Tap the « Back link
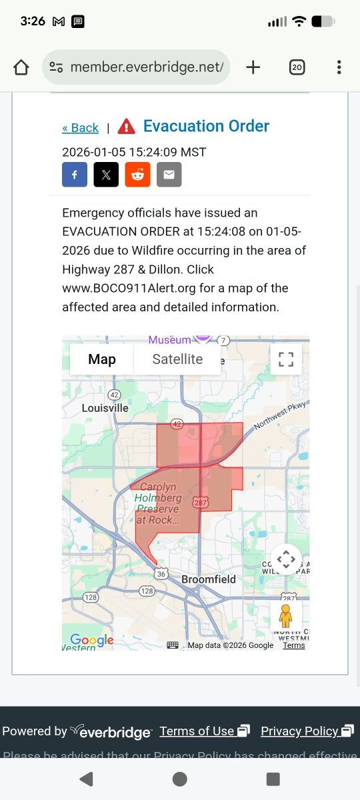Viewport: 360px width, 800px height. pos(80,128)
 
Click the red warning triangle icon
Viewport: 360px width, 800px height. pos(126,126)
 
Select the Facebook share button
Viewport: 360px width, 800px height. pos(75,175)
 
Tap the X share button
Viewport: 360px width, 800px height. pos(106,175)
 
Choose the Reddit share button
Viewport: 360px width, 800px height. pos(138,175)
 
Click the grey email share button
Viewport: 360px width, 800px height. pos(169,175)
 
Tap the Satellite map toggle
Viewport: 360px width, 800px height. pos(177,359)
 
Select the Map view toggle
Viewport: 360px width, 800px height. pos(102,359)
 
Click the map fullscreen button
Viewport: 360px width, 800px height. pos(286,359)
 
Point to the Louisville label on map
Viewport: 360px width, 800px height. pos(105,408)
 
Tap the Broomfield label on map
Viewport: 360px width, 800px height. pos(209,579)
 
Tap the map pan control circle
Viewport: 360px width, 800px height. pos(285,559)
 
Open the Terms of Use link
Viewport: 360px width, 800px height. pos(197,731)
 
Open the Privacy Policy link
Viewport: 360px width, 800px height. pos(300,731)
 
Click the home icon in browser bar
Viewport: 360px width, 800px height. pos(21,67)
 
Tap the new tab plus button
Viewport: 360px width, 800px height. pos(253,67)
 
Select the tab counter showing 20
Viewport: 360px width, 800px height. pos(297,67)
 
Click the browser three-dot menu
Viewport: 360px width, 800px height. pos(339,67)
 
